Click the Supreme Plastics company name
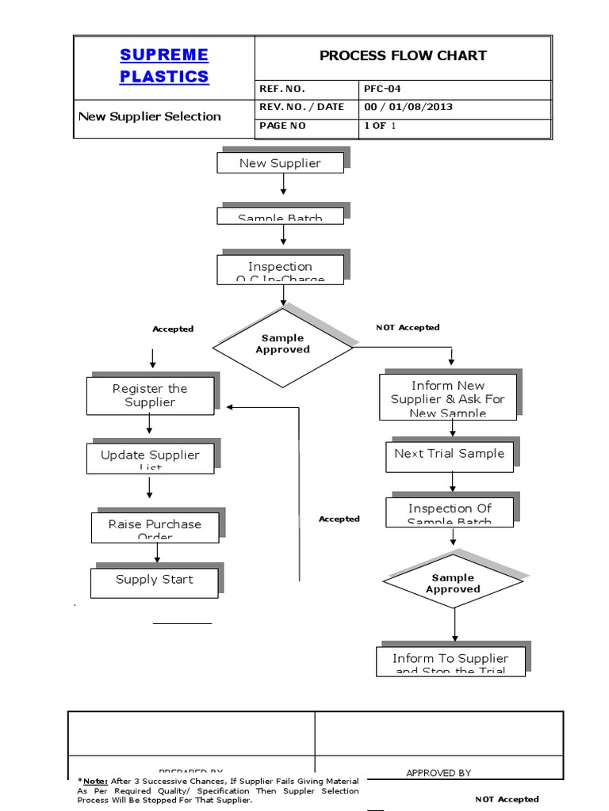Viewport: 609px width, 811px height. (x=164, y=66)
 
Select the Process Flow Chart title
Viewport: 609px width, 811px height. (x=402, y=55)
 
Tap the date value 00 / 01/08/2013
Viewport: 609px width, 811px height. (x=408, y=107)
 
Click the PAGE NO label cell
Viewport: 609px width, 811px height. (x=282, y=126)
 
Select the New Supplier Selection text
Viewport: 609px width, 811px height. (x=150, y=116)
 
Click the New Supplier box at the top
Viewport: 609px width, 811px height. (x=280, y=163)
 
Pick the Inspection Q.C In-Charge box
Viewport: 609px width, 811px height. (x=280, y=269)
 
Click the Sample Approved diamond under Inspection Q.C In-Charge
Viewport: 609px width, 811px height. (x=282, y=345)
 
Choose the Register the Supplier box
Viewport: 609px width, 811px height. (x=150, y=395)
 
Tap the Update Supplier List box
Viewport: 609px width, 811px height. (x=150, y=458)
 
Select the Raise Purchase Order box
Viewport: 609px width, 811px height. (x=155, y=527)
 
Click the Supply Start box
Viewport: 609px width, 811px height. (x=154, y=581)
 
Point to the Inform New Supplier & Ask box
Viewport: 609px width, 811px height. (x=448, y=398)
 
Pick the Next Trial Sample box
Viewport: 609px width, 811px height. (x=449, y=454)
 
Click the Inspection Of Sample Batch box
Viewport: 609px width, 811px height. (x=450, y=512)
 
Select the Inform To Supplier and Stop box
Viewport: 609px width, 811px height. (x=450, y=661)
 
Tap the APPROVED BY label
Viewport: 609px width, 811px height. (x=439, y=773)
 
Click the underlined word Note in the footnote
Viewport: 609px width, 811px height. (x=96, y=781)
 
